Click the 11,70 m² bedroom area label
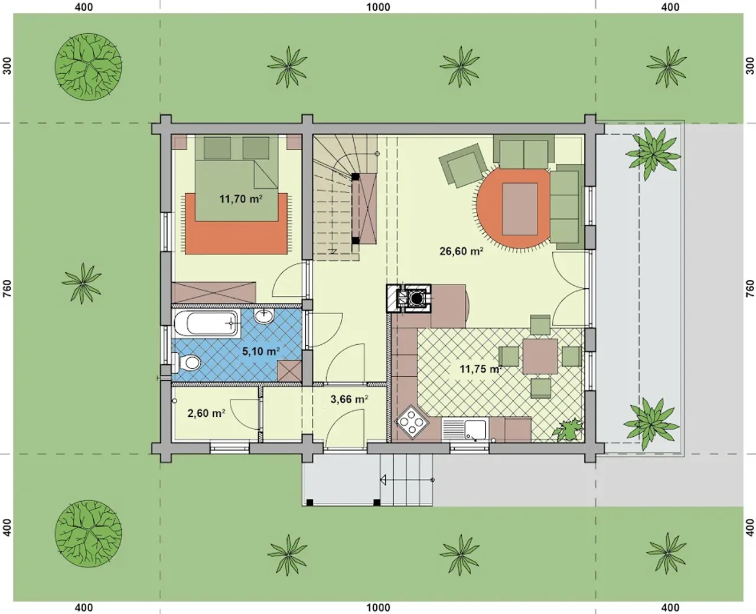241,199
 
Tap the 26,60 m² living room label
461,251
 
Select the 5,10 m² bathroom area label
261,351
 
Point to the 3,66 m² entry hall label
349,400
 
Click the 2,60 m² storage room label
206,413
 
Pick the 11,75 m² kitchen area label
481,369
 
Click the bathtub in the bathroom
207,324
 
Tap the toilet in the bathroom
186,362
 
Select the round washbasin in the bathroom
264,316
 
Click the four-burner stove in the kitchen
412,422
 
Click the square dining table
540,357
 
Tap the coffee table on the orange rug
520,208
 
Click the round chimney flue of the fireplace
417,298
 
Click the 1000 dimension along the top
378,6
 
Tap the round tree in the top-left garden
89,67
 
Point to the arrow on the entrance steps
407,480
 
